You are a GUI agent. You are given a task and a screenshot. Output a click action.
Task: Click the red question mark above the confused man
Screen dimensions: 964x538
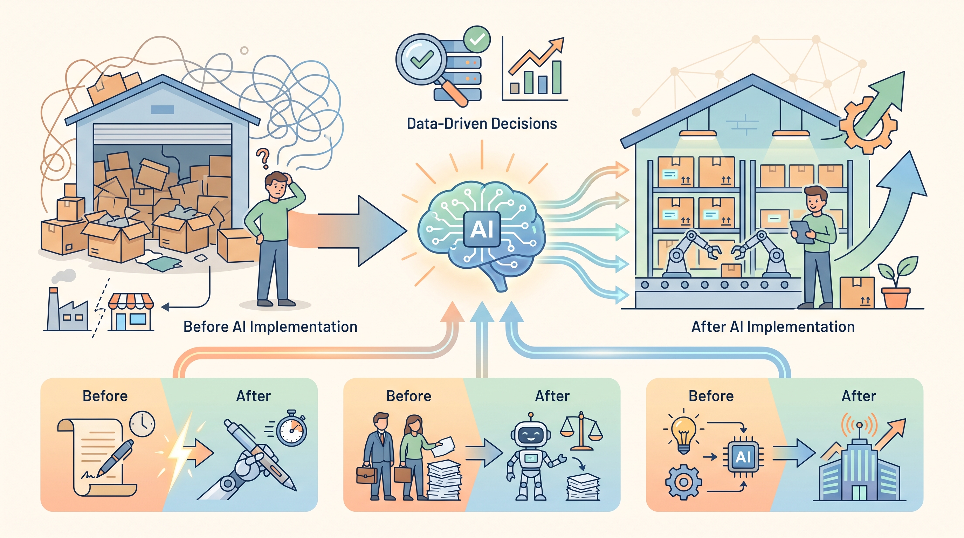tap(263, 159)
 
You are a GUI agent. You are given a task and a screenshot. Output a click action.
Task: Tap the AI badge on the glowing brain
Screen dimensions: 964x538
tap(482, 229)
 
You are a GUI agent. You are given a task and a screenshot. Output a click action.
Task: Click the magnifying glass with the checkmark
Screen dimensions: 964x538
tap(427, 67)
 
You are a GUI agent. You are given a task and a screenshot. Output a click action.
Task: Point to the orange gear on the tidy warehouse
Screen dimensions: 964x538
tap(868, 126)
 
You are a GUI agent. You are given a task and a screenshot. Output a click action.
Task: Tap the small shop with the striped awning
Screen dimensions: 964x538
tap(131, 312)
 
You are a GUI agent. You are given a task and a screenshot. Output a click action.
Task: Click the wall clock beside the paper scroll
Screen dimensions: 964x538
tap(142, 423)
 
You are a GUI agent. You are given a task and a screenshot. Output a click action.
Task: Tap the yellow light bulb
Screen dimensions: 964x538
tap(684, 434)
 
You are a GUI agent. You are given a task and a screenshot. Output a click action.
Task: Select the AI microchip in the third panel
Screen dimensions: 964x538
tap(743, 457)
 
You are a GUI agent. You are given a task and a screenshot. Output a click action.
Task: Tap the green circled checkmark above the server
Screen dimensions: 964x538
tap(477, 39)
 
